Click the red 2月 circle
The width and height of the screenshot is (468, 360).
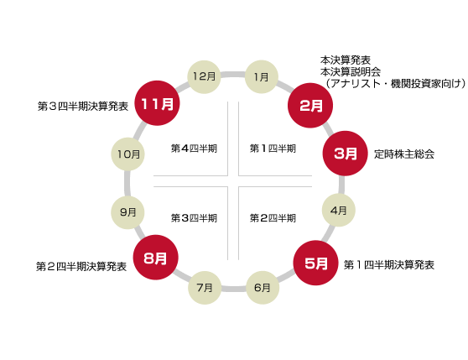(310, 106)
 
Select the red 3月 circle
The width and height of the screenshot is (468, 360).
(345, 153)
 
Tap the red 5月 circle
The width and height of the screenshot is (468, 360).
(316, 263)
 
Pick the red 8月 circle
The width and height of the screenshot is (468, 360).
(155, 258)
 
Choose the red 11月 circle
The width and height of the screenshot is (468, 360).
(157, 103)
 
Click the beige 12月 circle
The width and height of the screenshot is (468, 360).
(204, 77)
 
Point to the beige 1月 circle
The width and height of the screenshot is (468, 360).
(262, 77)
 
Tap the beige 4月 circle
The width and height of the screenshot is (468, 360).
(339, 210)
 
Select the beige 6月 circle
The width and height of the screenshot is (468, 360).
(263, 288)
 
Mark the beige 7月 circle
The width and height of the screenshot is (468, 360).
(205, 288)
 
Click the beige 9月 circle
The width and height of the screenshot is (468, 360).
(127, 212)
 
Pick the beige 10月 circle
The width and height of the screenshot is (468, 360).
(127, 154)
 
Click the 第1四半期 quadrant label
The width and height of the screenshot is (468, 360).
(273, 149)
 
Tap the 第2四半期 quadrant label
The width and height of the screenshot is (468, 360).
(273, 218)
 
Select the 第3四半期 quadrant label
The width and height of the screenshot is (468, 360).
(194, 218)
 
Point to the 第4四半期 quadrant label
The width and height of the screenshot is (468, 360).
(194, 149)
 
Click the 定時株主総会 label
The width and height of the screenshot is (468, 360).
(404, 154)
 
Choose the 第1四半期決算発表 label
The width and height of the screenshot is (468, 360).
(389, 265)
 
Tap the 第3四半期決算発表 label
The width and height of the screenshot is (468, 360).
(83, 106)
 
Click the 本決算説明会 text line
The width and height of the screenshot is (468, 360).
(351, 72)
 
